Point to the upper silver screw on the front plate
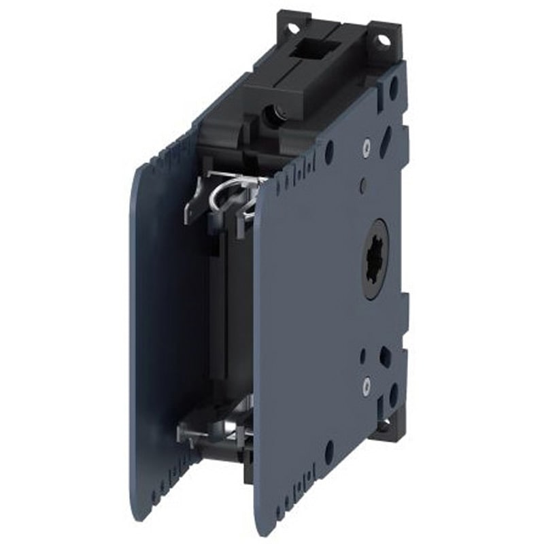pyautogui.click(x=367, y=144)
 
